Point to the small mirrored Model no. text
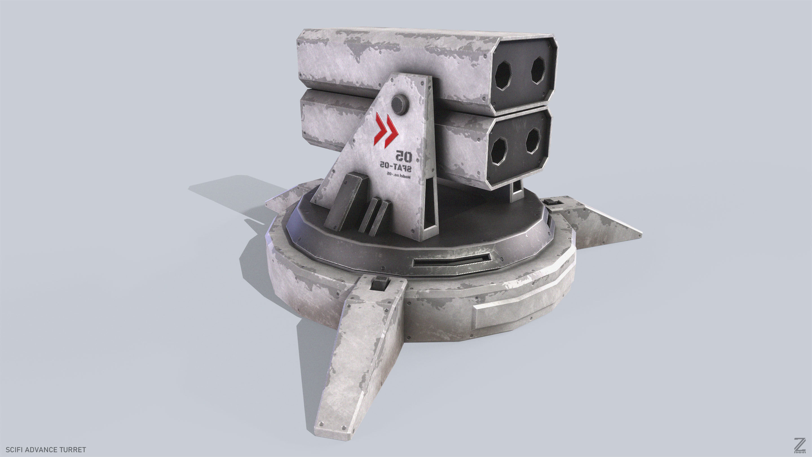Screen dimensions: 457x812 coord(398,176)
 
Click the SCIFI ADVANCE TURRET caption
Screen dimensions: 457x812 coord(46,449)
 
